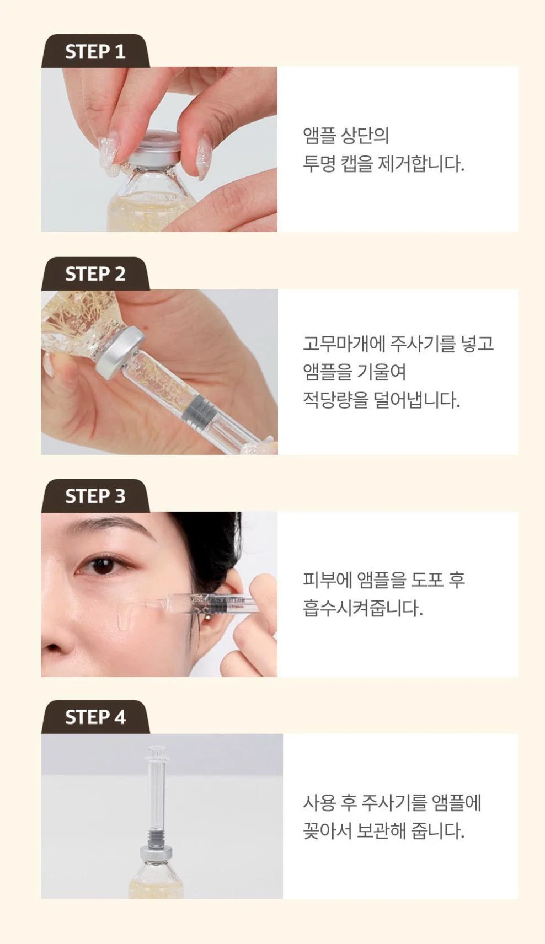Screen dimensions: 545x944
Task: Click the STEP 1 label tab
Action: pyautogui.click(x=95, y=51)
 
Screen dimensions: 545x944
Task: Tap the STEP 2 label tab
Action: pyautogui.click(x=95, y=273)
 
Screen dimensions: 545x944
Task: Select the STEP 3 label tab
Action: pyautogui.click(x=95, y=496)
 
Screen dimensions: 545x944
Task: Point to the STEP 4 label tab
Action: pyautogui.click(x=95, y=717)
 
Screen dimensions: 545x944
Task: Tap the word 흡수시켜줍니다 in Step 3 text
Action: pyautogui.click(x=362, y=608)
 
